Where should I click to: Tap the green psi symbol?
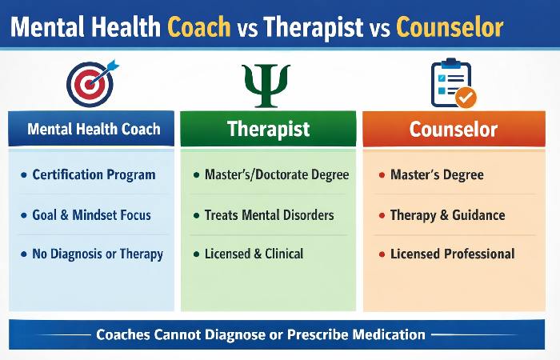266,84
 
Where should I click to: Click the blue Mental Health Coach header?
92,129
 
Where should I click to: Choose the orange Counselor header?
454,129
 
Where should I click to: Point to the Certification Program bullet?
94,174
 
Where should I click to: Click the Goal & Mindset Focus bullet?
91,214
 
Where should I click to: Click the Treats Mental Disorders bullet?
269,214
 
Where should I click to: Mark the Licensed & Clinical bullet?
254,254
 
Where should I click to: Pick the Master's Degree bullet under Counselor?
437,174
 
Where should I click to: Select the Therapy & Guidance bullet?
447,214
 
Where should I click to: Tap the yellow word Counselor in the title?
449,28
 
